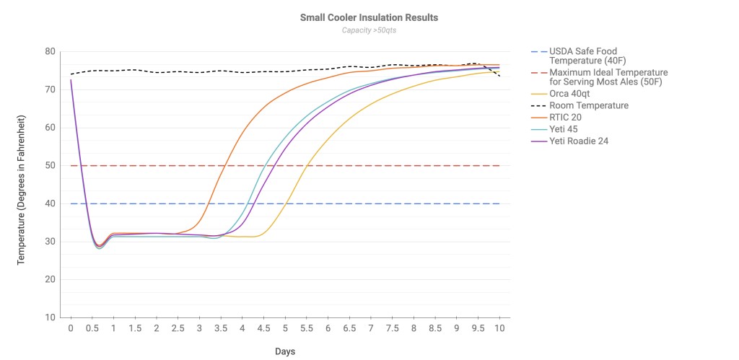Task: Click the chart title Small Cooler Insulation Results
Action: tap(369, 17)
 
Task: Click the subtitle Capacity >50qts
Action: tap(369, 30)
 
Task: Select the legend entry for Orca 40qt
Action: tap(574, 94)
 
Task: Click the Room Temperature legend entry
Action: tap(588, 105)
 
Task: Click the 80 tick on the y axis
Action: tap(50, 52)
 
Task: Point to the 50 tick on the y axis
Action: tap(50, 166)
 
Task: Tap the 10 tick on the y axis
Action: tap(50, 317)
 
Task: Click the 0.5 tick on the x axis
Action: tap(92, 328)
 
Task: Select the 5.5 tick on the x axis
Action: tap(306, 328)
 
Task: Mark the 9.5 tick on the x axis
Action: tap(478, 328)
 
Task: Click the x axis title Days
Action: tap(284, 351)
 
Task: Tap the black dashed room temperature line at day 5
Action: tap(285, 71)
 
